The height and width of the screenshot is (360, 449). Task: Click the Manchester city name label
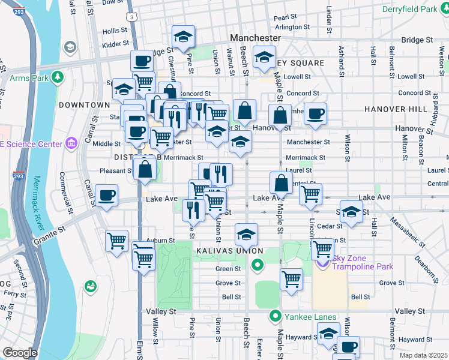(255, 38)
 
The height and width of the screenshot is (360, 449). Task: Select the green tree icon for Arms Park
(58, 77)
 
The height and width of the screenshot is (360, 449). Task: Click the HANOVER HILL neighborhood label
(390, 109)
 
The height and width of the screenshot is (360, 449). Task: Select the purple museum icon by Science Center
(71, 143)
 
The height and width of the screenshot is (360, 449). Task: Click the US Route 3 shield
(131, 18)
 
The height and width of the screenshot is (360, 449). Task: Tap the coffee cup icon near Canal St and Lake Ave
(106, 196)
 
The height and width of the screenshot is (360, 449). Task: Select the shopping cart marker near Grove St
(291, 278)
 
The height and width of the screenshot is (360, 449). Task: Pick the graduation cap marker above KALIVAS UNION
(246, 235)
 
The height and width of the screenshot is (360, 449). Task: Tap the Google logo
(20, 353)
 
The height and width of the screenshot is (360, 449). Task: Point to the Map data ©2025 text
(422, 355)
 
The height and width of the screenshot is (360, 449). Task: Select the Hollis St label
(115, 31)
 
